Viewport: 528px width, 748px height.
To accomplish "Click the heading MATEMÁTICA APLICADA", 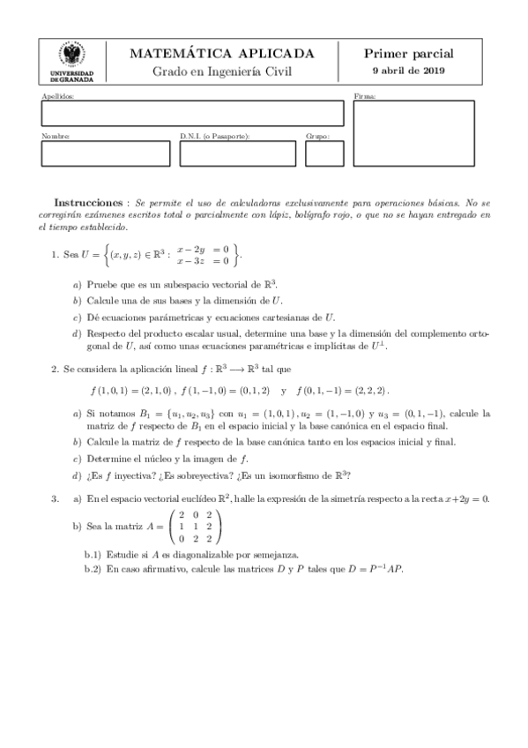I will pos(221,54).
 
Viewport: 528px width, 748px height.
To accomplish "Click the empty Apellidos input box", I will pos(192,114).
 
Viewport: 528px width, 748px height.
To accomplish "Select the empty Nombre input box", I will pos(105,153).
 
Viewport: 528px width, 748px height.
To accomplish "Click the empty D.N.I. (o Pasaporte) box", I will pos(238,153).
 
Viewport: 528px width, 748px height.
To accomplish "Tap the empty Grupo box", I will pos(324,153).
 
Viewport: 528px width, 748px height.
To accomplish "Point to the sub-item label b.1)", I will pos(93,555).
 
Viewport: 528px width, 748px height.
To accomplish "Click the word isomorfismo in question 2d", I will pos(295,476).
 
